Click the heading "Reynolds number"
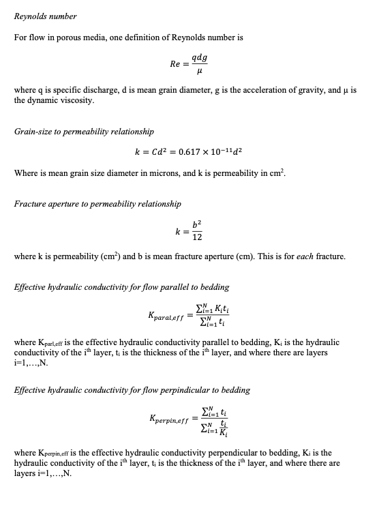[x=45, y=16]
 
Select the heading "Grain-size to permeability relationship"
[x=84, y=131]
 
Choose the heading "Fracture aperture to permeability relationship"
[x=97, y=204]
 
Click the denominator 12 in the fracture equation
[x=196, y=236]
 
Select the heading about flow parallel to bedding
[x=121, y=287]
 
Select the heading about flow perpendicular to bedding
[x=132, y=390]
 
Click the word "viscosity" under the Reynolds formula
[x=78, y=100]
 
